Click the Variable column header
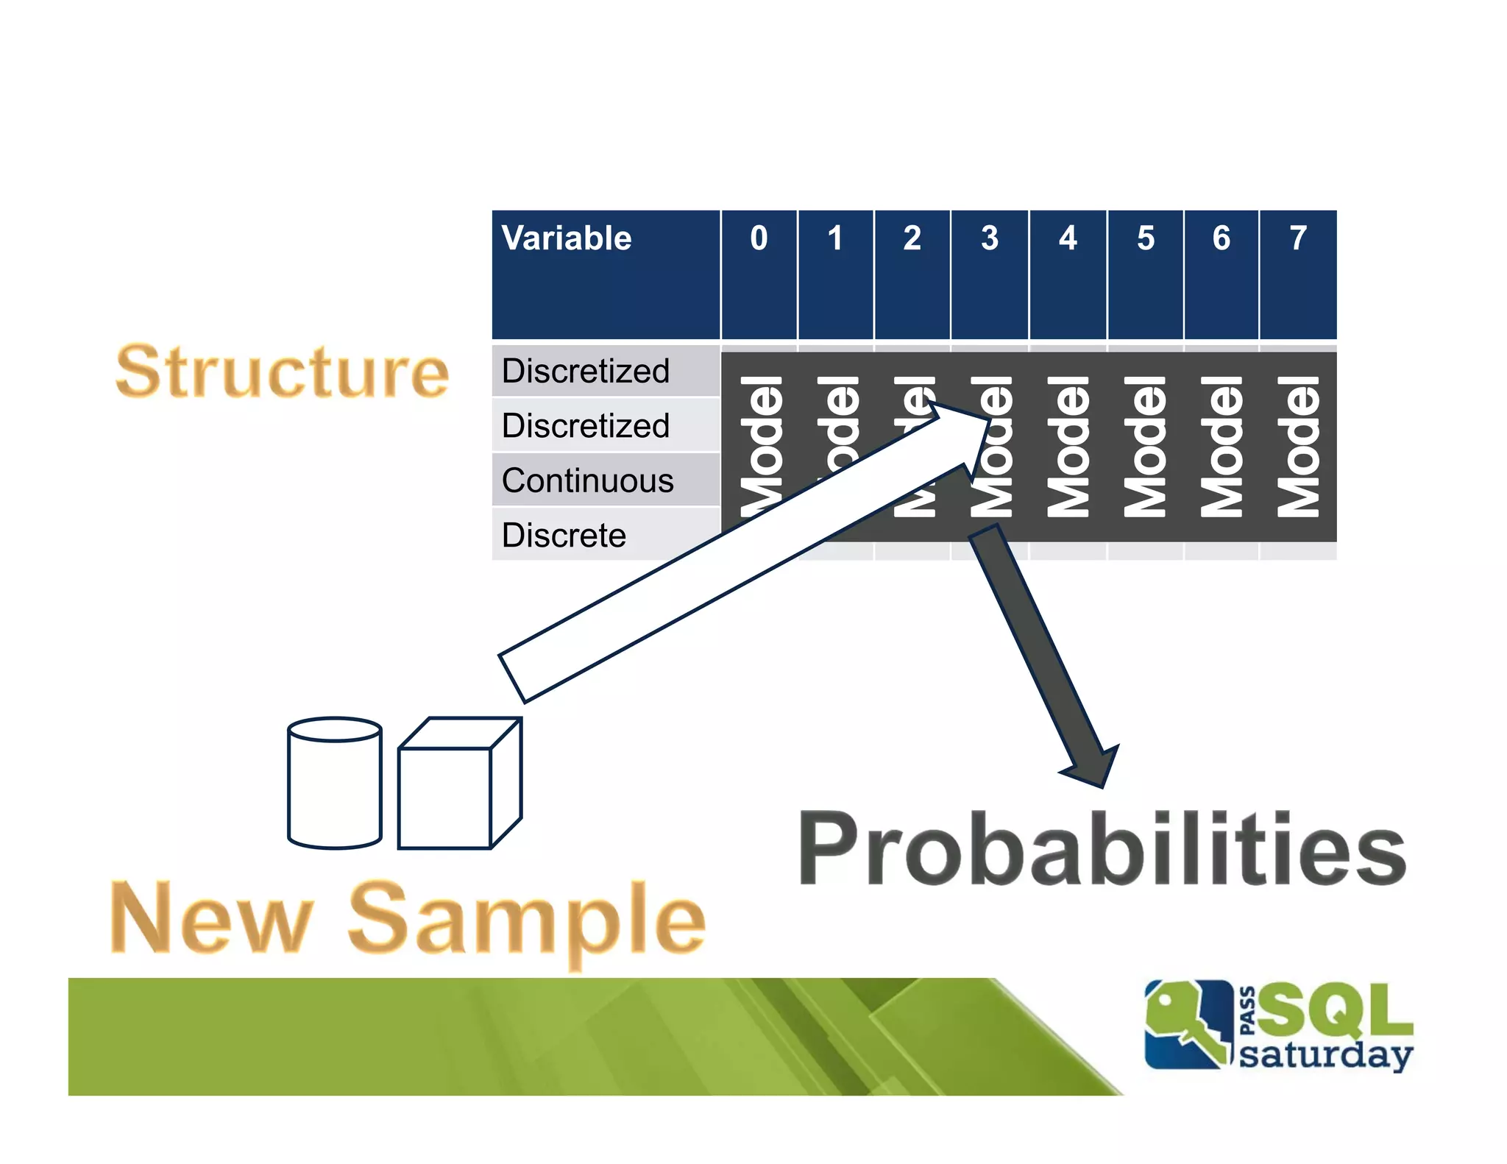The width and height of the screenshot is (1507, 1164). pos(566,238)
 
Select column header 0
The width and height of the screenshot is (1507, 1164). pos(759,238)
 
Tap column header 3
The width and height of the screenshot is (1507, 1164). pos(990,238)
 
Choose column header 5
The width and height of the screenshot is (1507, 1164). pos(1145,238)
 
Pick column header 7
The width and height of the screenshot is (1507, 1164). pos(1298,238)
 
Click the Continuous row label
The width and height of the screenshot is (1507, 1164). pos(587,480)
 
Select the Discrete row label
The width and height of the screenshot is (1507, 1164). pos(564,535)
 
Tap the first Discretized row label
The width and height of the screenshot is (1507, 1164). pos(586,371)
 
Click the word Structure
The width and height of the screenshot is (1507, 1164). pos(283,372)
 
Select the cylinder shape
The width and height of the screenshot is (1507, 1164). pos(335,783)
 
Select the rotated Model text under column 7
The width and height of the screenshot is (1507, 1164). pos(1298,447)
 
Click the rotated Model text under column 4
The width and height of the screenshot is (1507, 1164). pos(1068,447)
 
